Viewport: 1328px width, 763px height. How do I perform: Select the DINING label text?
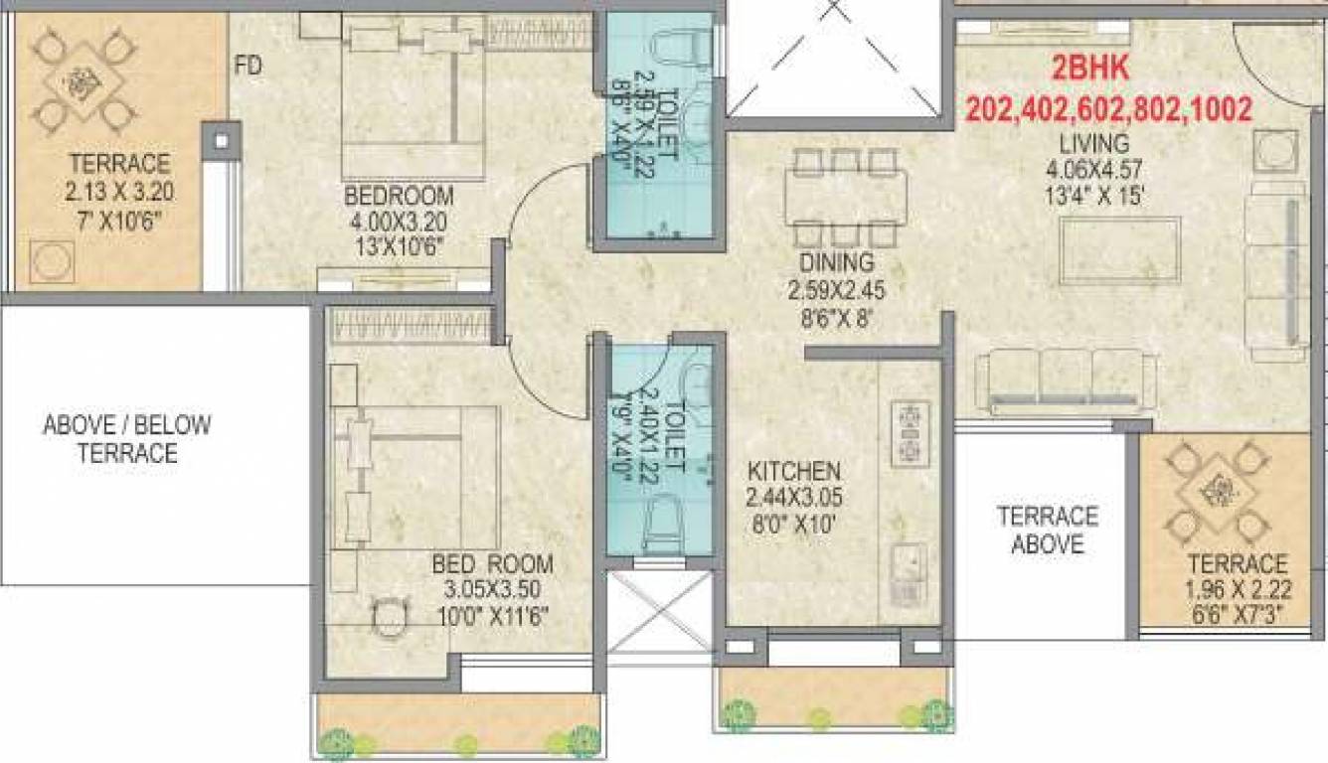pos(836,264)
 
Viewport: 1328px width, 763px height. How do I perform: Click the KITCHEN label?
pos(795,470)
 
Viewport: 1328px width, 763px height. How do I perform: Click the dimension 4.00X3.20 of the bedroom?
pos(398,220)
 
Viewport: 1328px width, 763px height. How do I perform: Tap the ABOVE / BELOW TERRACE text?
pos(127,439)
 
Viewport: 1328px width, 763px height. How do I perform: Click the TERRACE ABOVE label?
pos(1048,531)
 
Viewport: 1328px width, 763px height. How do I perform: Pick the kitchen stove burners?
pos(910,433)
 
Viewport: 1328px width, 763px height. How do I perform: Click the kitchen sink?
pos(909,573)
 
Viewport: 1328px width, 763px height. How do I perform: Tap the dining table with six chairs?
pos(845,197)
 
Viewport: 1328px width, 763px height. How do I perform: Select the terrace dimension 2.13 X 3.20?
pos(119,191)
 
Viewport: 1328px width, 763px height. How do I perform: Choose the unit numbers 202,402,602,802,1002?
pos(1108,108)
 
